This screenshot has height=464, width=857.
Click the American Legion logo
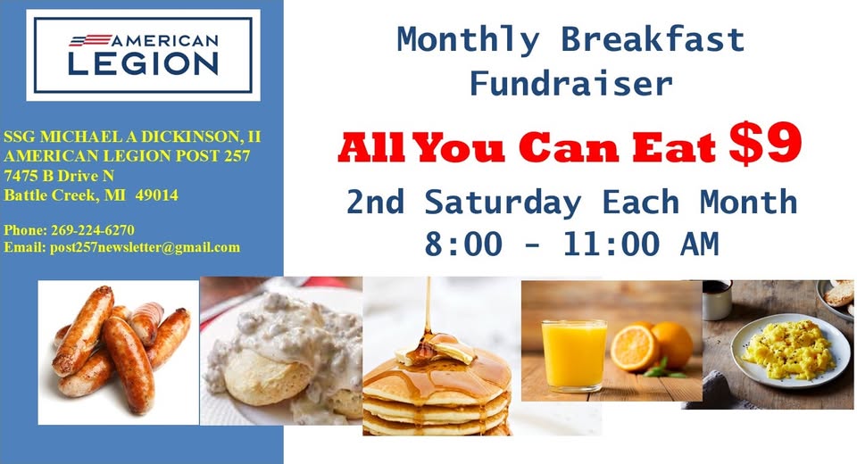(x=143, y=55)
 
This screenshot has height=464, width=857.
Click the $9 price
(x=765, y=145)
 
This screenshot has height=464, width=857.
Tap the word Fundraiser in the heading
(x=571, y=84)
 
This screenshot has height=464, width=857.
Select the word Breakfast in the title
(x=653, y=40)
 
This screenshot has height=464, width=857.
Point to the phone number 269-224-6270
(x=92, y=230)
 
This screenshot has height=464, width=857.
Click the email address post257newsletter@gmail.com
(x=145, y=247)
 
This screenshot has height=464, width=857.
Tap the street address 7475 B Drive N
(x=59, y=176)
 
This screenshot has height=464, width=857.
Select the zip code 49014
(x=157, y=195)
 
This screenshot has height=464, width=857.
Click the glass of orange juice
(x=573, y=356)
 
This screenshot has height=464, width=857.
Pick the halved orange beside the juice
(x=635, y=349)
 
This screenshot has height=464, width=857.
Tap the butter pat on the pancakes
(x=437, y=349)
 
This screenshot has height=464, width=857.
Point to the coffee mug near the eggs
(x=717, y=300)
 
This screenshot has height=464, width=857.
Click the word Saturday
(x=503, y=203)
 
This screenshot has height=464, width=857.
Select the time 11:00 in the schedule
(x=611, y=244)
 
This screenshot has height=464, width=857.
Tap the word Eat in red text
(x=673, y=147)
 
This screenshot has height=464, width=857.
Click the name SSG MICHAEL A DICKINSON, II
(x=132, y=137)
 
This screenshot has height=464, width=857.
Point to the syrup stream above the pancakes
(x=428, y=306)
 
